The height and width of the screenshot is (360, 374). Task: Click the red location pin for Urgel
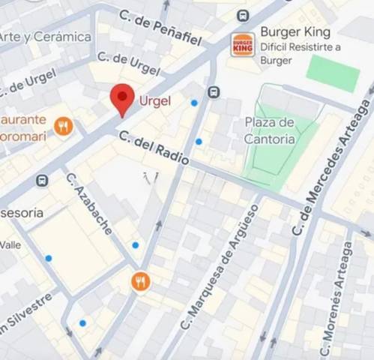click(122, 97)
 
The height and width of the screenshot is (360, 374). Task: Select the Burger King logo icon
click(243, 44)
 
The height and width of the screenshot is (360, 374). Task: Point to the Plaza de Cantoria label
click(269, 130)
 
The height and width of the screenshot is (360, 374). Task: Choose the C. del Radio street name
click(154, 148)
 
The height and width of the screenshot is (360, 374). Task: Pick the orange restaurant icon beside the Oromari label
click(64, 126)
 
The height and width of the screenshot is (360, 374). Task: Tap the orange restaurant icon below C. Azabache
click(140, 281)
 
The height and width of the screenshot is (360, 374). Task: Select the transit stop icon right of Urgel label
click(214, 92)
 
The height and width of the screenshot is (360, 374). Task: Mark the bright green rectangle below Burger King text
click(334, 73)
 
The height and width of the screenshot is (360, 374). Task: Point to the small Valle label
click(10, 244)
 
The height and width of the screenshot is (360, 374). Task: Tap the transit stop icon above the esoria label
click(42, 181)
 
